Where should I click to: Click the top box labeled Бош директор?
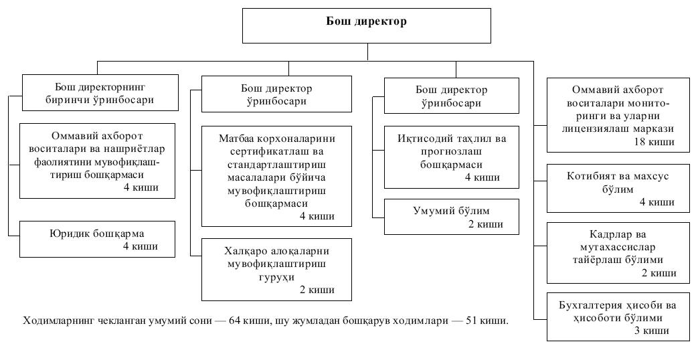pyautogui.click(x=367, y=25)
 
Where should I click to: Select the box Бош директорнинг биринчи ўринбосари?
pyautogui.click(x=100, y=93)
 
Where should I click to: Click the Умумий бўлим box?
pyautogui.click(x=451, y=216)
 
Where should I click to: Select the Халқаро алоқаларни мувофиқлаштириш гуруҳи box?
pyautogui.click(x=277, y=270)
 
